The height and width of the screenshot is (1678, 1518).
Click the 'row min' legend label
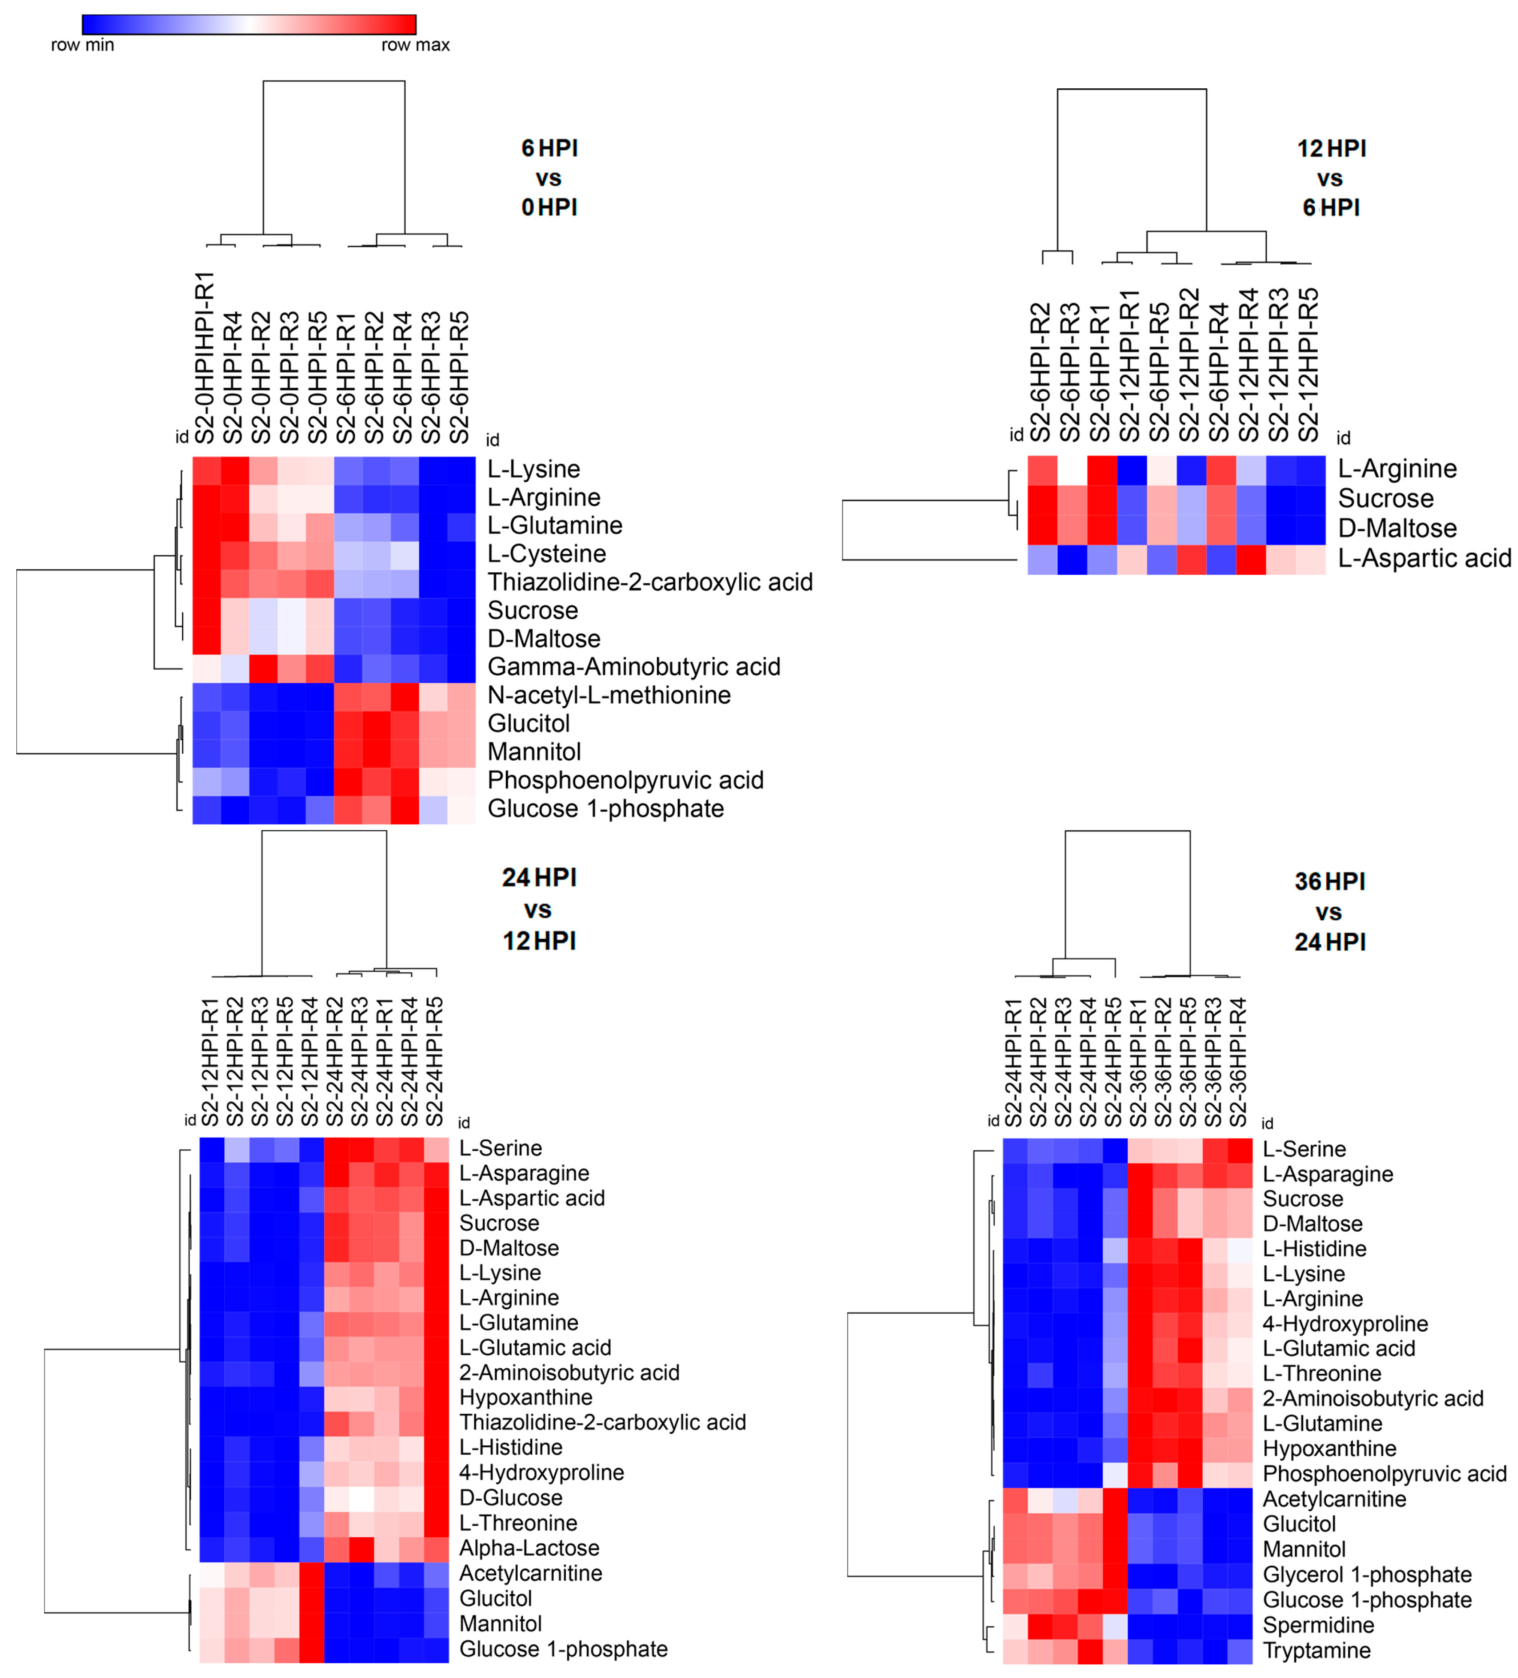tap(82, 45)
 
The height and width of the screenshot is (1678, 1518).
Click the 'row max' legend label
tap(415, 45)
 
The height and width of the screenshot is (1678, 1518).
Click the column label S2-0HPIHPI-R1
tap(205, 358)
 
